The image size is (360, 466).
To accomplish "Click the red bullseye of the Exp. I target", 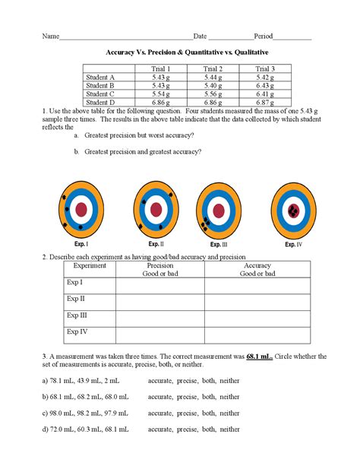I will click(81, 209).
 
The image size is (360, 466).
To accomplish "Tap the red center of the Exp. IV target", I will click(294, 209).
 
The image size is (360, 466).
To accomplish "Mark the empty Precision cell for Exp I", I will click(159, 286).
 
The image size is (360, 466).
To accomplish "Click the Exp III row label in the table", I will click(77, 315).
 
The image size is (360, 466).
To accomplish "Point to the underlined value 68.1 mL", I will click(260, 356).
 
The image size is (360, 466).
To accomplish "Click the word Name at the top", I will click(50, 36).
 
